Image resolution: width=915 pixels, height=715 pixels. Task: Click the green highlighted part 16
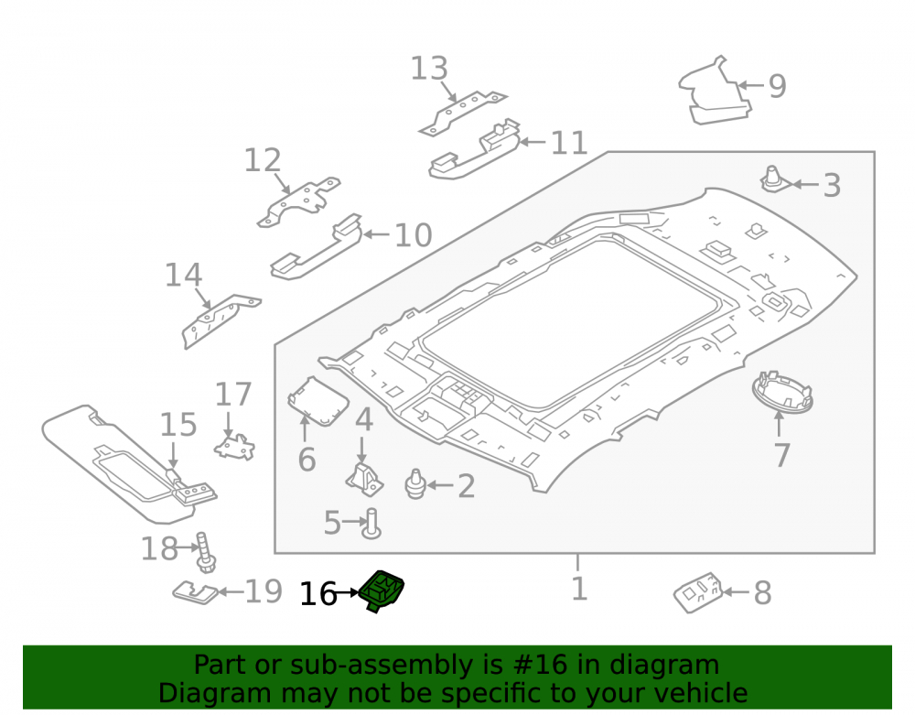pos(382,590)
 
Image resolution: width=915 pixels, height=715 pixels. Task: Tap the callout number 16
pos(318,594)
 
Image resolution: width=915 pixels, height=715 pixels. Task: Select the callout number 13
pos(429,69)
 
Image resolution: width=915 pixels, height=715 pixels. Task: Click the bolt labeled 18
pos(205,552)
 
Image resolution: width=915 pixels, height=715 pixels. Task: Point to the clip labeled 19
pos(195,593)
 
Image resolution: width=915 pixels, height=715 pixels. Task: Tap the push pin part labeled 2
pos(414,484)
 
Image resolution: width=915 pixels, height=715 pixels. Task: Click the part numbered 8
pos(698,592)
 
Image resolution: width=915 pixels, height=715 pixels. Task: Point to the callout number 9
pos(777,86)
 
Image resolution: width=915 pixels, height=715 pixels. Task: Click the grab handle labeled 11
pos(474,149)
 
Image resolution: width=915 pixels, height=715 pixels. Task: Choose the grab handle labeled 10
pos(316,246)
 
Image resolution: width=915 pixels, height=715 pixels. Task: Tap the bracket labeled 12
pos(299,202)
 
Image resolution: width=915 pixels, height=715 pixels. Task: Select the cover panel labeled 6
pos(318,401)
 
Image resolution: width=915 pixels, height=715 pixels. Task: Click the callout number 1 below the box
pos(578,589)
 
